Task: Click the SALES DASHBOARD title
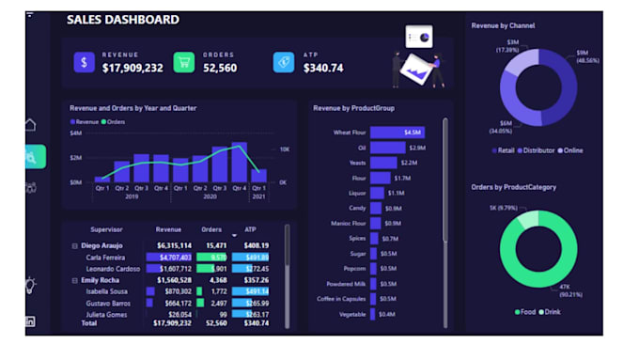pos(123,20)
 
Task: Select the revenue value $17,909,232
pos(132,68)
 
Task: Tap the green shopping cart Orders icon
pos(184,62)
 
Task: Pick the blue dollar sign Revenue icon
pos(85,62)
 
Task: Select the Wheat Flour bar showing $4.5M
pos(397,133)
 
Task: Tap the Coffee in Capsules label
pos(341,299)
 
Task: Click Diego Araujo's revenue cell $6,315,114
pos(174,245)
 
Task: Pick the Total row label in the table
pos(90,322)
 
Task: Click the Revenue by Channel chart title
pos(503,25)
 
